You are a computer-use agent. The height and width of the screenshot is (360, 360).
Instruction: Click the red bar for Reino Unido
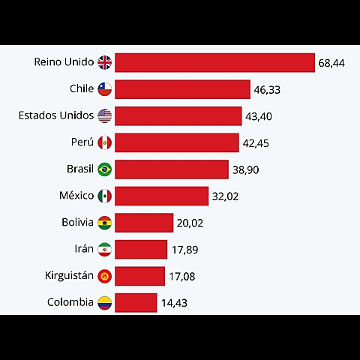click(x=214, y=62)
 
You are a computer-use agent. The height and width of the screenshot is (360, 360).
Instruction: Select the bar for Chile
click(x=182, y=89)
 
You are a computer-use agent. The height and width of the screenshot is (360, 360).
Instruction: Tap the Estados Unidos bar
click(x=178, y=115)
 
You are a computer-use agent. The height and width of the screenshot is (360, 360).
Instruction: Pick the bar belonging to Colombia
click(x=136, y=303)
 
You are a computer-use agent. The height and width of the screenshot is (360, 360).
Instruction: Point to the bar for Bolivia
click(x=144, y=223)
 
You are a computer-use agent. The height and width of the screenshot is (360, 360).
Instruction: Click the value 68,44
click(x=331, y=63)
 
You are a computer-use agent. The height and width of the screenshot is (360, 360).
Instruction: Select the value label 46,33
click(x=267, y=89)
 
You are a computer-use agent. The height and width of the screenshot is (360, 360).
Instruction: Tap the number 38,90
click(x=245, y=170)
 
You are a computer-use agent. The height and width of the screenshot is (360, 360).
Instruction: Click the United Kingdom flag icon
click(x=104, y=62)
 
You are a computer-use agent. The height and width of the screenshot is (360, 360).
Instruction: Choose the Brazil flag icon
click(x=104, y=169)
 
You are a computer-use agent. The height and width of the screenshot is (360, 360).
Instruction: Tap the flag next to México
click(x=104, y=196)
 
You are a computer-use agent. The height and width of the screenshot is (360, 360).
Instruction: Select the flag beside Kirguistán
click(x=104, y=276)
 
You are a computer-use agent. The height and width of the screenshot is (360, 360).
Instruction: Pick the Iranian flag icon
click(x=104, y=249)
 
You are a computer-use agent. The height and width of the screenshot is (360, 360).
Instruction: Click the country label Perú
click(x=81, y=142)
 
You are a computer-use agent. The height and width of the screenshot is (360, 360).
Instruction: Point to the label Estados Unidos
click(x=56, y=115)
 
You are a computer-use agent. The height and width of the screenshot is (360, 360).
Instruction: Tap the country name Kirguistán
click(x=69, y=275)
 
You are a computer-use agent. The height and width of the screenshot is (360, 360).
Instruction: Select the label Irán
click(x=83, y=248)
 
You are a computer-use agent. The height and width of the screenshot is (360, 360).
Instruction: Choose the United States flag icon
click(x=104, y=115)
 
